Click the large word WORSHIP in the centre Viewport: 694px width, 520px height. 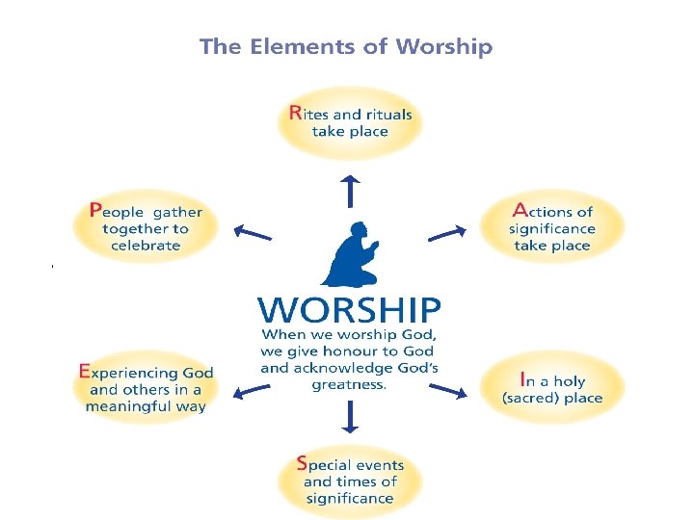coord(349,310)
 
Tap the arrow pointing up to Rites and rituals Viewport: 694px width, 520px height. coord(350,191)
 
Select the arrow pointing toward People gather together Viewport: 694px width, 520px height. coord(254,231)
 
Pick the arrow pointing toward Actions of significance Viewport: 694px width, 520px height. coord(446,232)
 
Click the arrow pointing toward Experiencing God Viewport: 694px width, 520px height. coord(253,389)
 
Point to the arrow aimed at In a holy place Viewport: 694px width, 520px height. coord(447,389)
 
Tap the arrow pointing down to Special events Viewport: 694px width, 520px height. coord(350,415)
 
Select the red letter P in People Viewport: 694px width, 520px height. coord(94,209)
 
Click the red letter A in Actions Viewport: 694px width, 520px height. coord(520,209)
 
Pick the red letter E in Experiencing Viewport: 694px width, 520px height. coord(84,371)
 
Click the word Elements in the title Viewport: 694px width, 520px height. coord(307,46)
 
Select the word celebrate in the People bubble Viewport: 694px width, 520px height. coord(146,246)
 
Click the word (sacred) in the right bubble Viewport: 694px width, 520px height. coord(531,398)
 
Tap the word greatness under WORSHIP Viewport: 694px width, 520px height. coord(348,384)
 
